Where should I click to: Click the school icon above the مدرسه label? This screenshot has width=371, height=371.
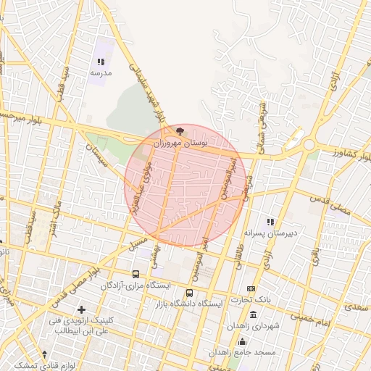[101, 62]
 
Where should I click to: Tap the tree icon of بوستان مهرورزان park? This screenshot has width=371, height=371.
[179, 132]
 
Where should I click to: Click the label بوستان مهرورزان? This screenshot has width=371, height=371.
[180, 144]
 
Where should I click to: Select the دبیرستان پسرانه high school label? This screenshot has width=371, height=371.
[272, 233]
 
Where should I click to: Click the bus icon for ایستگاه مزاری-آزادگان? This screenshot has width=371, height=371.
[136, 274]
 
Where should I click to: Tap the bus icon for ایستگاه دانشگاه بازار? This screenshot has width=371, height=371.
[189, 293]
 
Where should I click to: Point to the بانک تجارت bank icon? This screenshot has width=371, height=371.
[251, 288]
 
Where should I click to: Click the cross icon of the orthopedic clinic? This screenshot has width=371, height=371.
[91, 309]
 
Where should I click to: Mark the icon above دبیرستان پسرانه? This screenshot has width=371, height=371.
[271, 222]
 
